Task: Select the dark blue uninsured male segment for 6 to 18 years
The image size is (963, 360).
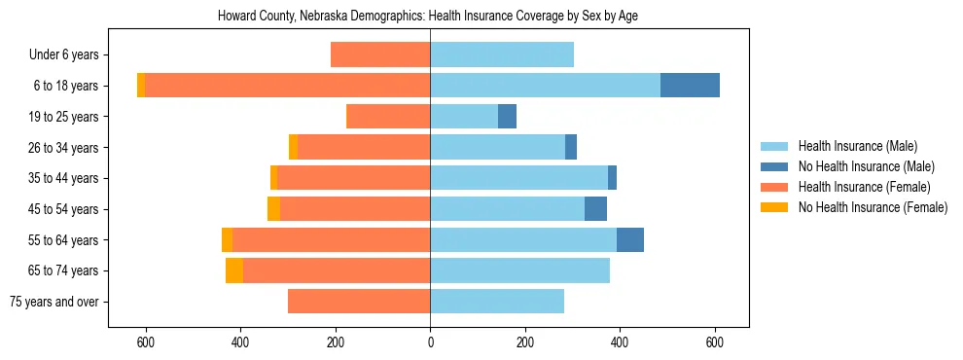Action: coord(690,86)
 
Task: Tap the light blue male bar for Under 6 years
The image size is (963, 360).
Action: coord(502,54)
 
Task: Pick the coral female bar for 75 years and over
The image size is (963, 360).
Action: coord(359,302)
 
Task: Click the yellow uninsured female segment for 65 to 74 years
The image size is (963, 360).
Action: coord(234,270)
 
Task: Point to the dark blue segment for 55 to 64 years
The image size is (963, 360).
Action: coord(630,239)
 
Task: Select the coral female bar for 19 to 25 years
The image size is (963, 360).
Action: coord(388,117)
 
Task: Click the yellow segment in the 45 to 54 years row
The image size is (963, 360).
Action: coord(273,209)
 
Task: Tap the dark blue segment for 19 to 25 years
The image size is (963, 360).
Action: coord(507,117)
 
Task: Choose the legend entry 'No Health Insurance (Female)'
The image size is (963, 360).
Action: coord(872,207)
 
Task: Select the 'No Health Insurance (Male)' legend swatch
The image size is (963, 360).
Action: coord(774,166)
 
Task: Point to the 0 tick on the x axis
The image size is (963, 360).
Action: coord(430,342)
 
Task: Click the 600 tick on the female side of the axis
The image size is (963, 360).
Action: coord(146,342)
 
